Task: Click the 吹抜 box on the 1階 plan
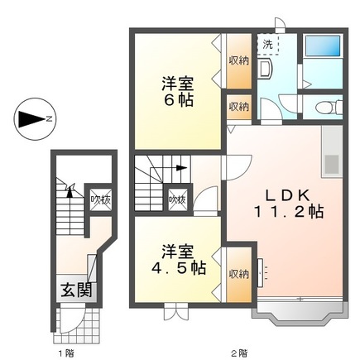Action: (x=99, y=199)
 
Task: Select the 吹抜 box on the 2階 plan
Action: (x=176, y=199)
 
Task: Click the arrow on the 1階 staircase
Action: (x=70, y=192)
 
